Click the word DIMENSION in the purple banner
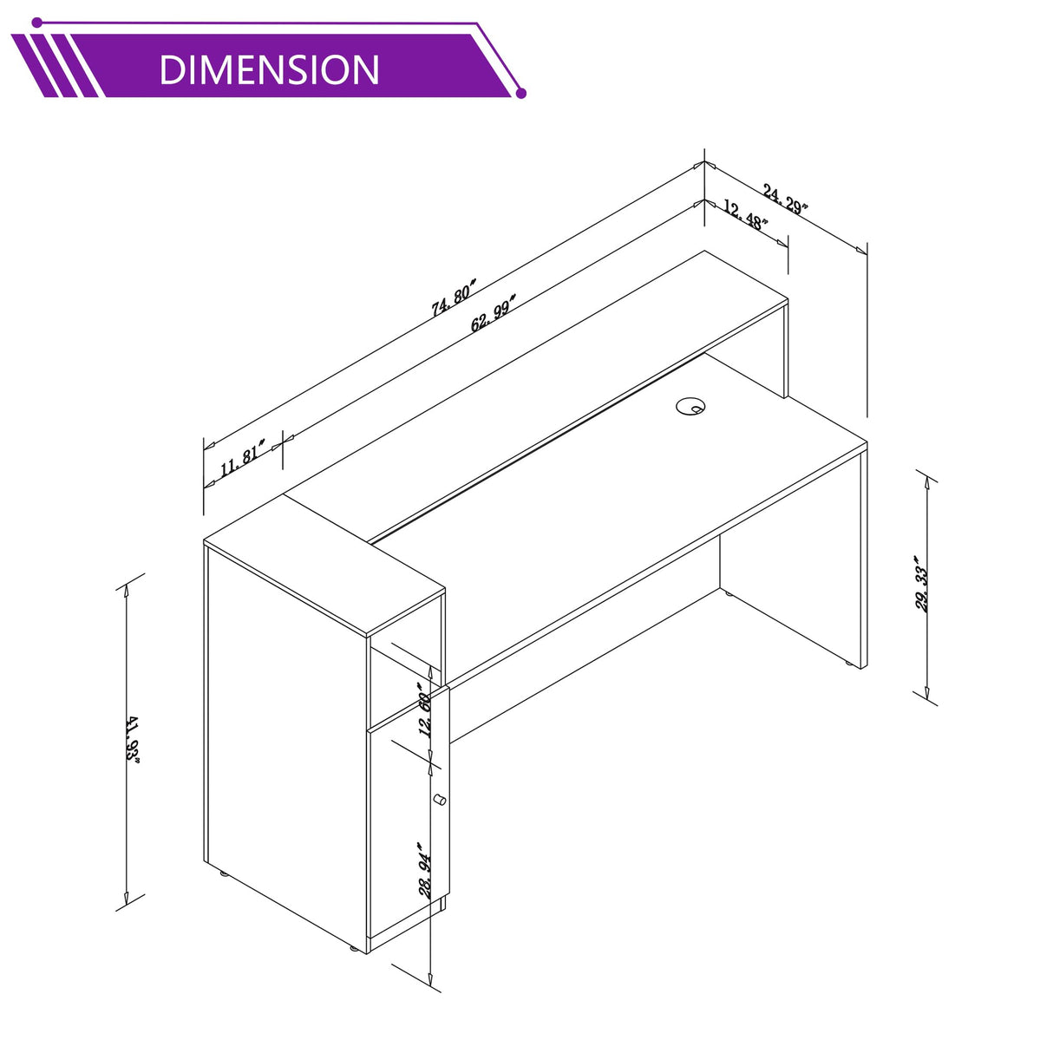270,69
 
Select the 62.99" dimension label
494,312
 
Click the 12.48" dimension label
745,215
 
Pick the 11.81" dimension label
243,458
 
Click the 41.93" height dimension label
133,739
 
